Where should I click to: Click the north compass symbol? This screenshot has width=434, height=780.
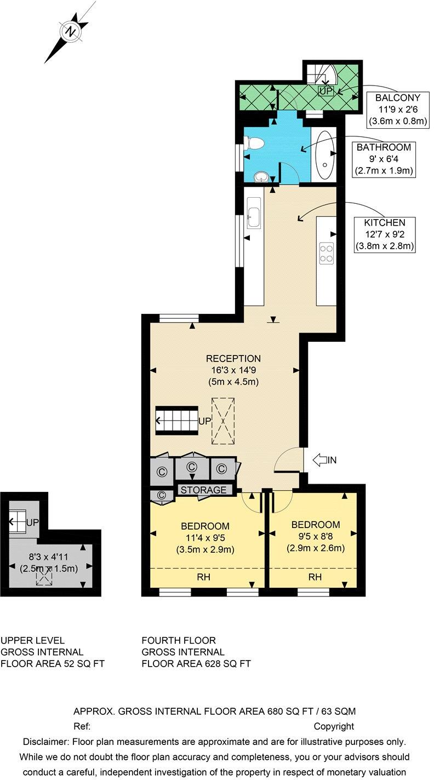coord(70,32)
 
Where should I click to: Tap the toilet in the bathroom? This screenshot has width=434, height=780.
coord(255,144)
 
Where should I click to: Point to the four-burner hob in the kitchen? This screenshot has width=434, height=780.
coord(327,253)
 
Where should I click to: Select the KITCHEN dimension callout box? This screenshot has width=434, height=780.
coord(385,234)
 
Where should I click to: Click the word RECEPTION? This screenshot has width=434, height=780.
coord(225,359)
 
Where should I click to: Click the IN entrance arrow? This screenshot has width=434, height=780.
coord(324,460)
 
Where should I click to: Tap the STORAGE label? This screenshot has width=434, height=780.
coord(203,490)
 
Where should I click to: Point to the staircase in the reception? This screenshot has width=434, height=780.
coord(176,421)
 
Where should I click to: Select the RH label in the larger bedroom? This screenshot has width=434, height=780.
coord(203,577)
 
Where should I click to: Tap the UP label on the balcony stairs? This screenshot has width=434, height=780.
coord(325,91)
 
